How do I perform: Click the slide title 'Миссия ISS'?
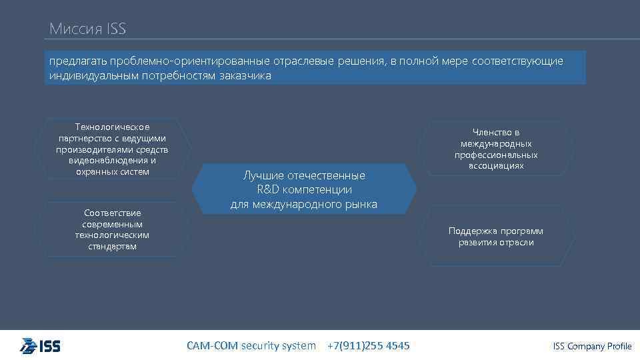pos(87,29)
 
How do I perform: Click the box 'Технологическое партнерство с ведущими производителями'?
pos(113,149)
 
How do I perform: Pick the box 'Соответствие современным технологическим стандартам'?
pos(113,229)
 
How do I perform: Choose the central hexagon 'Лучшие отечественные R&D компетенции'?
pos(304,190)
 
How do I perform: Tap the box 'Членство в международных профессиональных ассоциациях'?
pos(496,149)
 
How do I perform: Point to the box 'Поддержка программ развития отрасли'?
pos(496,237)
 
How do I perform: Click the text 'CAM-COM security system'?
pos(251,345)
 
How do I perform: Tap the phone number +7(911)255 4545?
pos(369,345)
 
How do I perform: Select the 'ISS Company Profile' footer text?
pos(592,346)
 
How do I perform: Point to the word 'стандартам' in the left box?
pos(113,247)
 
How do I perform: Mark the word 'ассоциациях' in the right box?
pos(496,166)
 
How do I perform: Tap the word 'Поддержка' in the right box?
pos(471,231)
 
